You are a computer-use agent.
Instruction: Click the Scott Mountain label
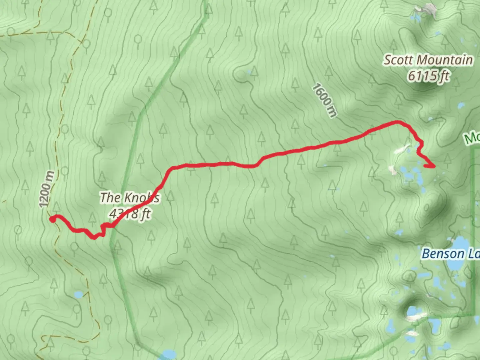pos(428,60)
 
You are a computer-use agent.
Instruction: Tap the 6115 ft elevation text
pos(429,76)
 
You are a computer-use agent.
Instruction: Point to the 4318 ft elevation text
pos(130,214)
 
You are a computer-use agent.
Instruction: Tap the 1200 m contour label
pos(47,189)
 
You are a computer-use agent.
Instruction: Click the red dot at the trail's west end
pos(53,219)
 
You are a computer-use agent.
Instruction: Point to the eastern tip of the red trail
pos(434,166)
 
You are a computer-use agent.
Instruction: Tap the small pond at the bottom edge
pos(169,354)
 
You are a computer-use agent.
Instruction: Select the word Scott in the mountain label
pos(395,60)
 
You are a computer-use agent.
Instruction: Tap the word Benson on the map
pos(443,254)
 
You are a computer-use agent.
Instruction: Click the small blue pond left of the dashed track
pos(79,295)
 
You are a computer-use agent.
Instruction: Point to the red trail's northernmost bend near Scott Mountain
pos(397,122)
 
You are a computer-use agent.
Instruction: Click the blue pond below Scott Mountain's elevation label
pos(461,106)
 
